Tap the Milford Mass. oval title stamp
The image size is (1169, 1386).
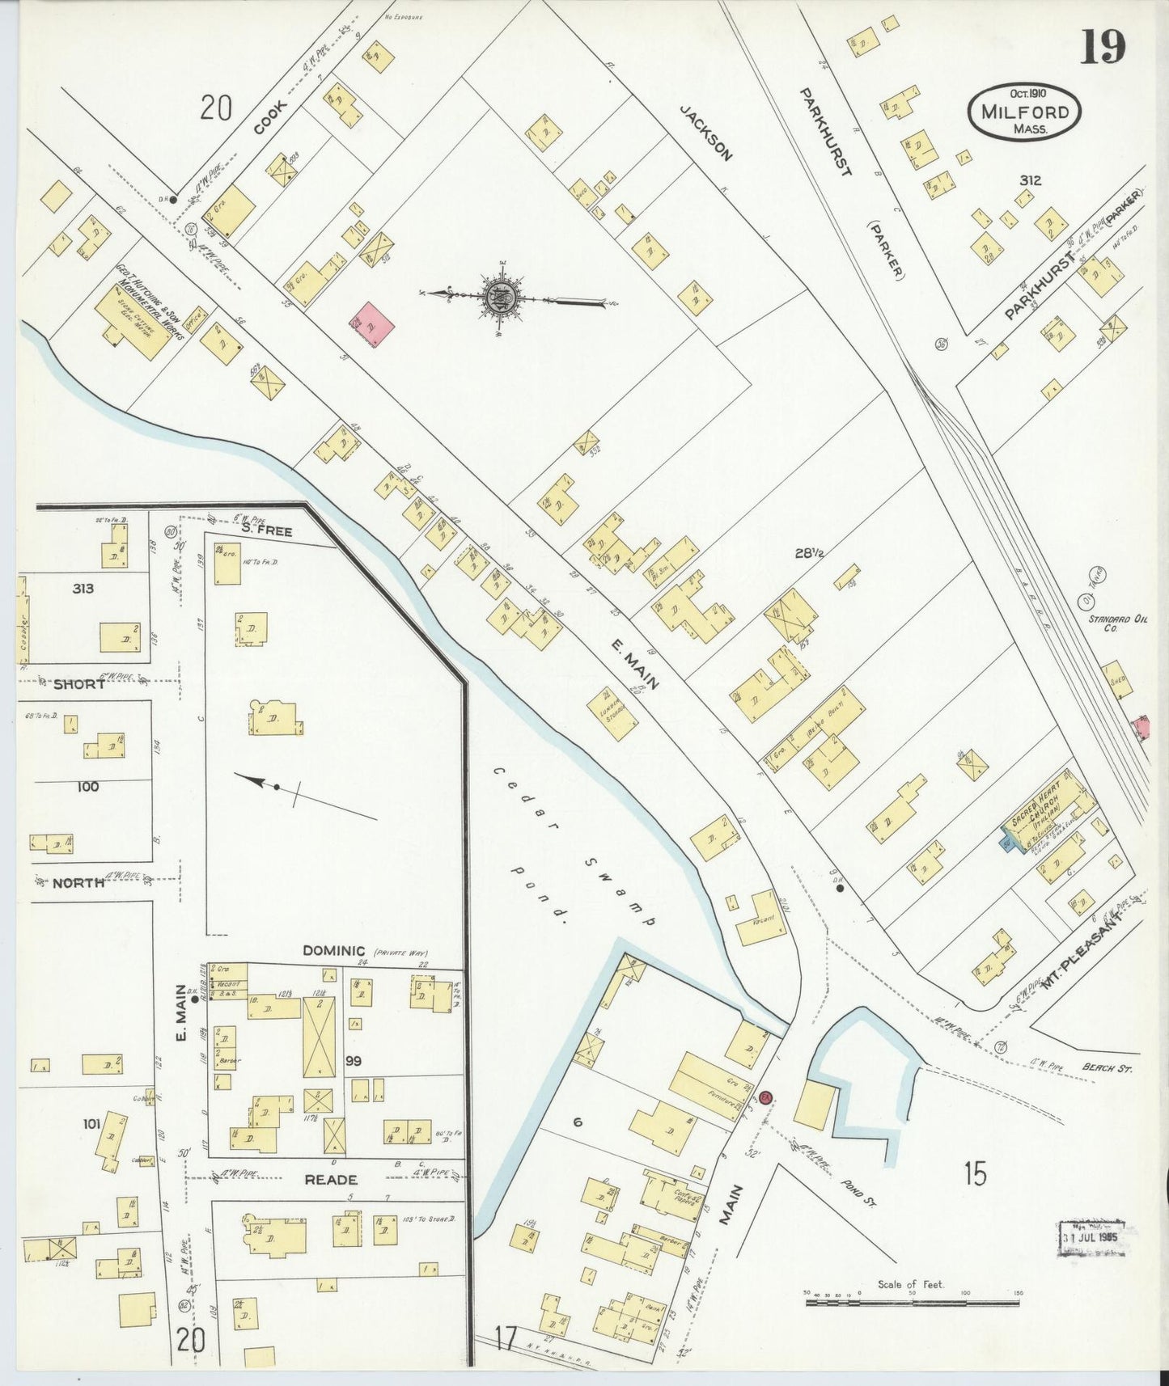click(x=1024, y=112)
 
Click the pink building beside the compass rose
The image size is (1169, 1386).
click(x=372, y=324)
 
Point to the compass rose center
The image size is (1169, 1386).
click(x=501, y=297)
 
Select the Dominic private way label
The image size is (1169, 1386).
click(x=334, y=951)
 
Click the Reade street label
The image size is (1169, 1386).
click(x=331, y=1180)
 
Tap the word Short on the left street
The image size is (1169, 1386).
click(x=78, y=684)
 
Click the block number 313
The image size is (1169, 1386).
click(x=83, y=589)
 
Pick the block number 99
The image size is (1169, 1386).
click(x=354, y=1060)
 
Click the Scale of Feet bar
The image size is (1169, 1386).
click(x=912, y=1302)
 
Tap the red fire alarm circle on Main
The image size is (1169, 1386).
click(x=766, y=1098)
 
